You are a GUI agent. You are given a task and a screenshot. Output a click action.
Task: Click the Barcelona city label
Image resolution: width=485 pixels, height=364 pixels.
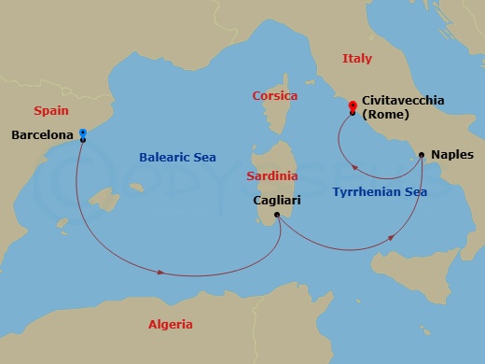coord(42,135)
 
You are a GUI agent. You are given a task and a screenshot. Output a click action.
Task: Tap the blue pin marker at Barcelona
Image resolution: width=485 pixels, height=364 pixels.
coord(83,133)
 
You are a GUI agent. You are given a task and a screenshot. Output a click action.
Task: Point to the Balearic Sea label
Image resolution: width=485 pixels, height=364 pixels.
coord(177,158)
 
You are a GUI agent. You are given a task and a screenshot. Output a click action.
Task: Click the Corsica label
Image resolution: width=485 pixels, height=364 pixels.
coord(275,96)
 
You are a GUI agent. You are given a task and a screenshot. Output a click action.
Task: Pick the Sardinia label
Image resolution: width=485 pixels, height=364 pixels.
coord(272,175)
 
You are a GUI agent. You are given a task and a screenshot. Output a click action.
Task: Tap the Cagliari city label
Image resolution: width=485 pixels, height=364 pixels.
coord(281,200)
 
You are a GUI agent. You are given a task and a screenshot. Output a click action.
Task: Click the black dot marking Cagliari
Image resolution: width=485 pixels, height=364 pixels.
coord(277,215)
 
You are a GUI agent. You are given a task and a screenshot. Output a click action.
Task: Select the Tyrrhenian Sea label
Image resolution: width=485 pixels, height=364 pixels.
coord(379,192)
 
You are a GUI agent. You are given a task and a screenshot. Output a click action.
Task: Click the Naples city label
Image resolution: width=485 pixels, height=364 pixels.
coord(452,155)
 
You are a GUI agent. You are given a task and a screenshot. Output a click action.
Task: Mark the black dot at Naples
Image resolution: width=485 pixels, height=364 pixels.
coord(422,155)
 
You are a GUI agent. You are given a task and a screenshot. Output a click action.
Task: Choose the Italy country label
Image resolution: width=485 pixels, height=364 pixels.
coord(356,59)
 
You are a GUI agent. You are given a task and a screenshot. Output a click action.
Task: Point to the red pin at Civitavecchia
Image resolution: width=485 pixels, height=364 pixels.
coord(352,106)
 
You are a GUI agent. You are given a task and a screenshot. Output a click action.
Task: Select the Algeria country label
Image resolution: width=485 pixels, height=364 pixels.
coord(171,325)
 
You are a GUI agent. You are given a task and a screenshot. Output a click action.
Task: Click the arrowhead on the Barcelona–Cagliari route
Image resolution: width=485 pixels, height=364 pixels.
coord(163,273)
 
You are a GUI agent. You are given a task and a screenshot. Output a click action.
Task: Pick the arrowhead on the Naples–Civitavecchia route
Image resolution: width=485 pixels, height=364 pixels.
coord(354,168)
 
